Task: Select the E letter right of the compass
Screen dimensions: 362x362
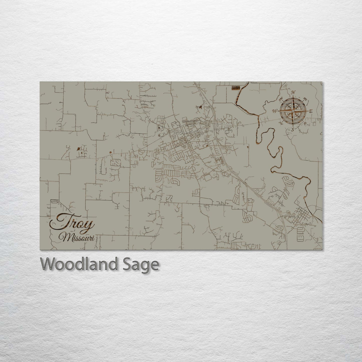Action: coord(311,111)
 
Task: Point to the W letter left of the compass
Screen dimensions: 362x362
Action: coord(275,111)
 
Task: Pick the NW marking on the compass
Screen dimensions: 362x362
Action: coord(281,98)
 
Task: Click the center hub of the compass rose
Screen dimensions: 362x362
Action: coord(293,111)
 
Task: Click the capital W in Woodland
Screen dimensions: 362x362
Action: coord(48,264)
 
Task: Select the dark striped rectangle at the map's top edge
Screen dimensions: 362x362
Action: coord(236,88)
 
